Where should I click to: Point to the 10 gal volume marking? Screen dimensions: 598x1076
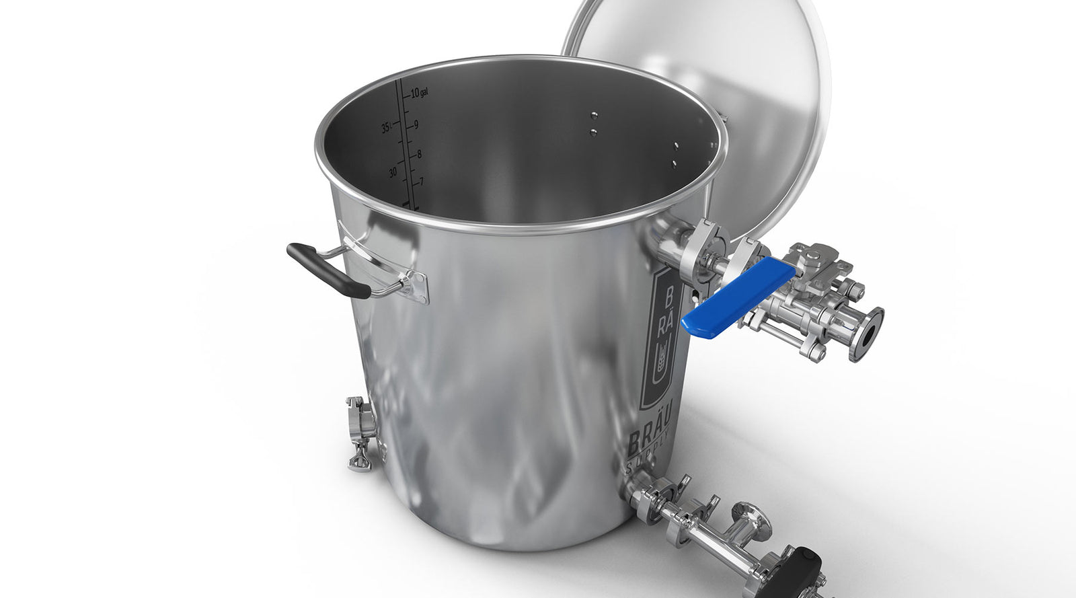[x=418, y=92]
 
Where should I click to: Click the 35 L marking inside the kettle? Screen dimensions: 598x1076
[x=385, y=128]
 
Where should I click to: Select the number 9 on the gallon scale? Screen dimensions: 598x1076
[x=417, y=124]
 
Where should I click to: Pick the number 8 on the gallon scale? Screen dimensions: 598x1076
[x=419, y=154]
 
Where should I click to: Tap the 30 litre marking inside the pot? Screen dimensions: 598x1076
[x=392, y=172]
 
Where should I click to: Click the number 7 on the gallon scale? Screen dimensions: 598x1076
[x=422, y=182]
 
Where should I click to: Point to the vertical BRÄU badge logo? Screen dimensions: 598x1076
[x=662, y=336]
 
